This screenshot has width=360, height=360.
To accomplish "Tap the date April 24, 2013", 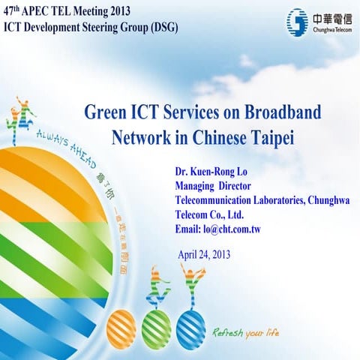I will pos(204,253).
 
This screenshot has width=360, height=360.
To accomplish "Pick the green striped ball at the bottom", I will pos(157,326).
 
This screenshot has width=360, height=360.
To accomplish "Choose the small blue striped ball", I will pos(190,326).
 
